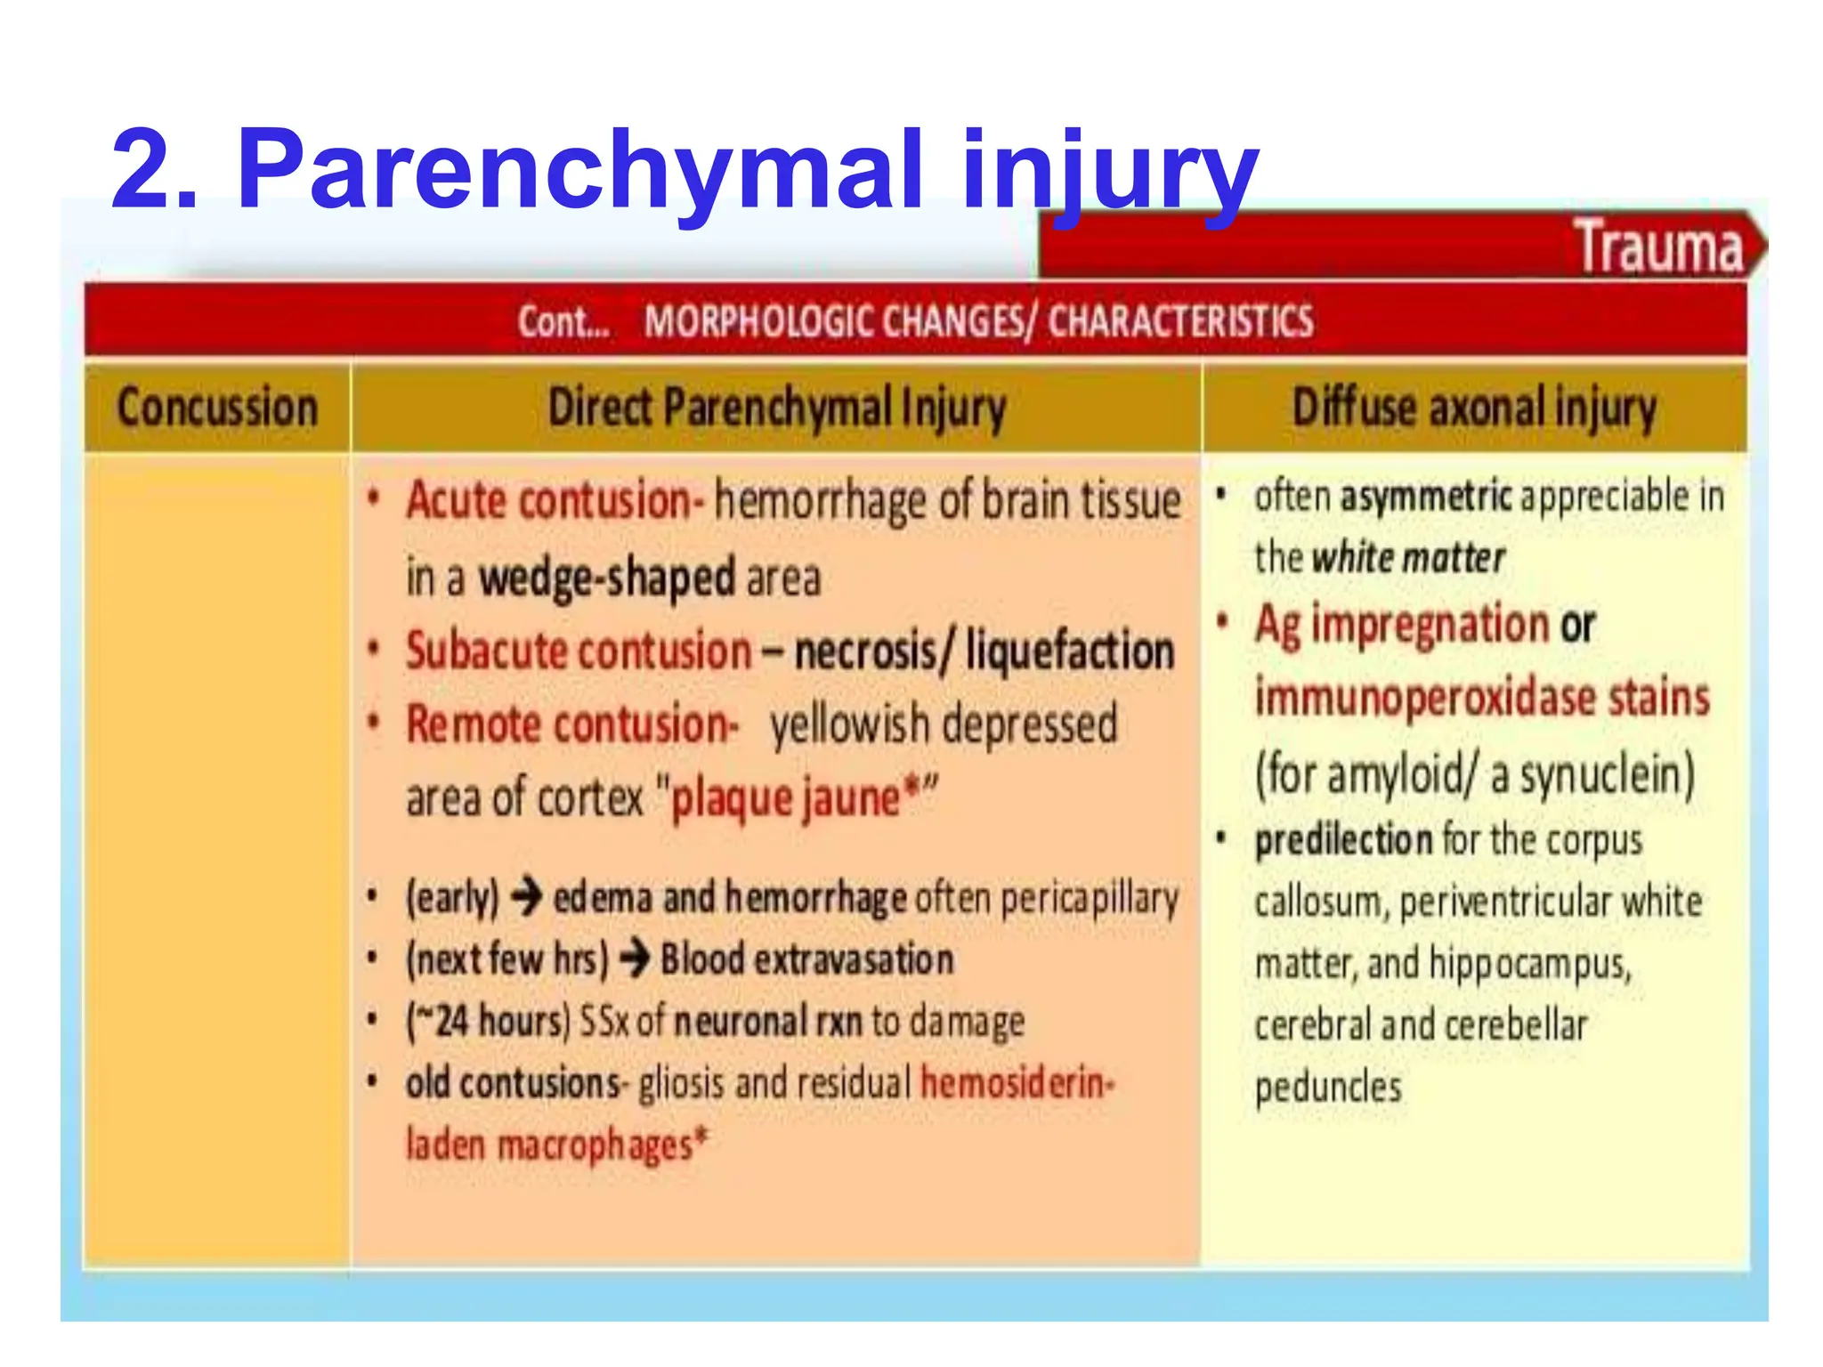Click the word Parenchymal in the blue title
click(579, 169)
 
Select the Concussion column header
click(217, 408)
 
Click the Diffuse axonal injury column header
click(1474, 408)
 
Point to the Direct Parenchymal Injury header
click(776, 408)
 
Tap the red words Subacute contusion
click(579, 651)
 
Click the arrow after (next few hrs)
click(635, 959)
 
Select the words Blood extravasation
click(806, 959)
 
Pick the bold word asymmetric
click(1426, 497)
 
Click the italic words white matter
click(1408, 559)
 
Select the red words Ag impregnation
click(1402, 624)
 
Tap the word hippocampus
click(1529, 964)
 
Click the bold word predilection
click(1343, 840)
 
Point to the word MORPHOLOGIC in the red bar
click(761, 321)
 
